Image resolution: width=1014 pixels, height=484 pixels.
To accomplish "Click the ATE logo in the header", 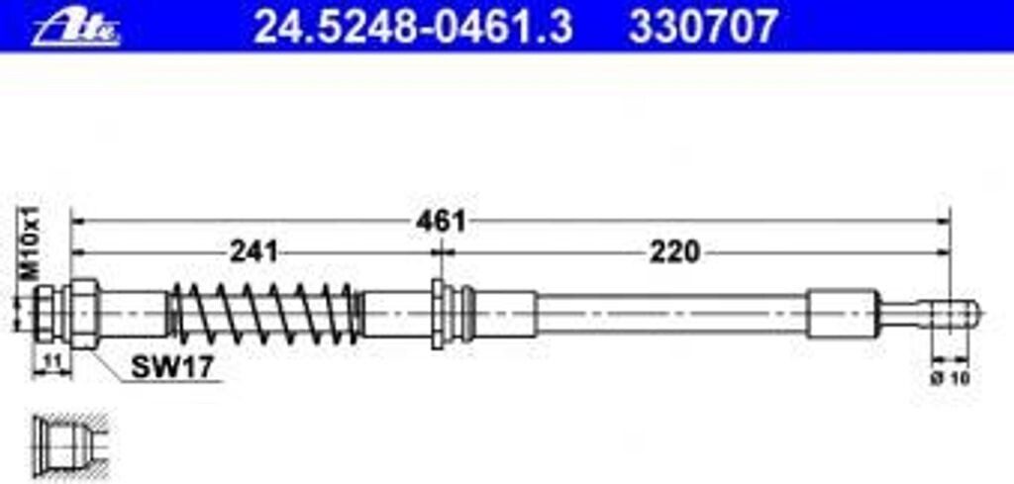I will (x=75, y=27).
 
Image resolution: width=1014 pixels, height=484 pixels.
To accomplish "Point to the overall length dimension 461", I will (x=440, y=220).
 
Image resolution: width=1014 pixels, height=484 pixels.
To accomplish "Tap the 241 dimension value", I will (x=253, y=251).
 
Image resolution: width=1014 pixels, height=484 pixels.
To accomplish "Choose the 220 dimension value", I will (x=674, y=251).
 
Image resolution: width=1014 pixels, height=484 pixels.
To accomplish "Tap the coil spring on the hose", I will (x=262, y=313).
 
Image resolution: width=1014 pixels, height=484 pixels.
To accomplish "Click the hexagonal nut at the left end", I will (x=83, y=313).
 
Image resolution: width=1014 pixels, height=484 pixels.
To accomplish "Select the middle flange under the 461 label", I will (x=439, y=313).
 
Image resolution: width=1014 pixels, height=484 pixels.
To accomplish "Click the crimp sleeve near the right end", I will (x=842, y=313).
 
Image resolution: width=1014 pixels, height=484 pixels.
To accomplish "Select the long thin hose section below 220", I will (x=673, y=313).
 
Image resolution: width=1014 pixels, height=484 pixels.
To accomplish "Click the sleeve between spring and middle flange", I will (x=396, y=313).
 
